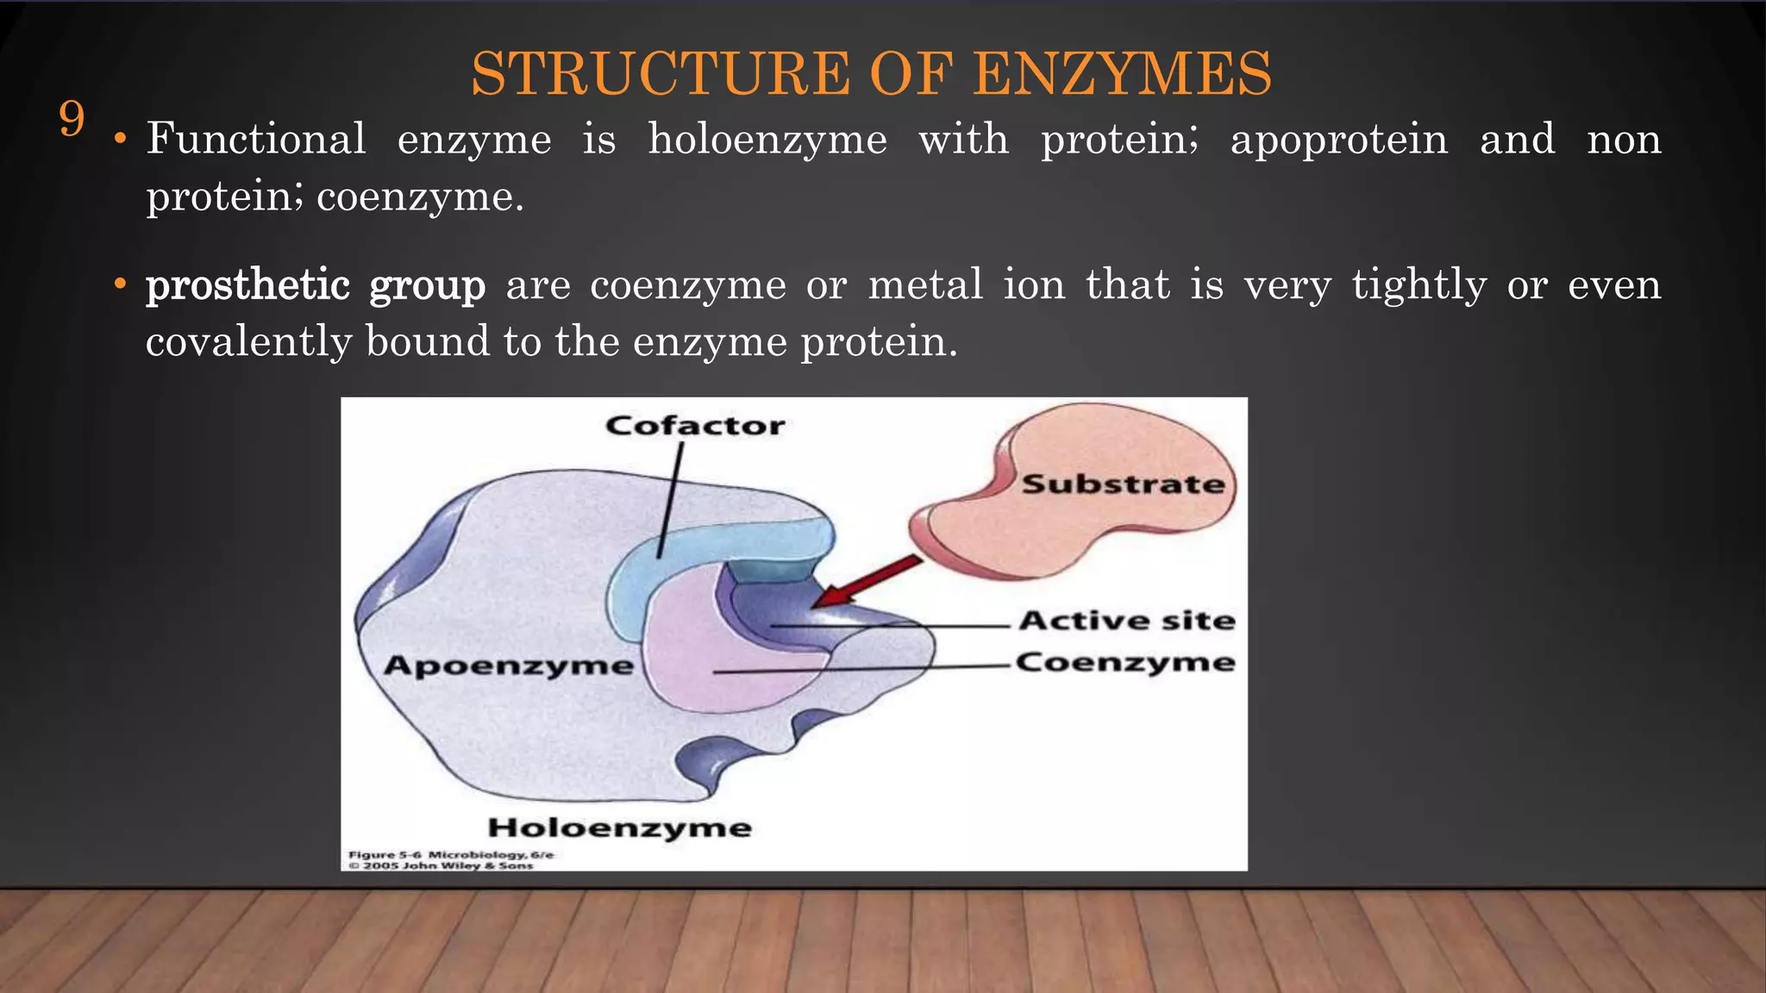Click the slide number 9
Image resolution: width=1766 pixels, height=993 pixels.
pos(72,119)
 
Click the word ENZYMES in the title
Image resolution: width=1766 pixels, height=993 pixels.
pos(1122,74)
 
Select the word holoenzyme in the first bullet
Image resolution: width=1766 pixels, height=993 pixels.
pos(767,140)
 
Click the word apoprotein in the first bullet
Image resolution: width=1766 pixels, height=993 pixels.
pos(1339,140)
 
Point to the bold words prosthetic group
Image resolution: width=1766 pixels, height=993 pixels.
pos(316,285)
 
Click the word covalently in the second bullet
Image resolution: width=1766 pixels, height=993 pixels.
pos(248,342)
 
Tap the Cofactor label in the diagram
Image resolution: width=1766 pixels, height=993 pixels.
pos(695,426)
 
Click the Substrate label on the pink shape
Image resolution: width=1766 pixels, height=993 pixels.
pos(1123,484)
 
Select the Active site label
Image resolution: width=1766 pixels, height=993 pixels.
pos(1127,621)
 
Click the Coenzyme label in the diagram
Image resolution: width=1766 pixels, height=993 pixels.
pos(1125,662)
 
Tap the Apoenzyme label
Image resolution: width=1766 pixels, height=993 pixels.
pos(509,665)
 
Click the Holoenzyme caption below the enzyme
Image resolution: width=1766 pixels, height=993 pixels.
pos(619,827)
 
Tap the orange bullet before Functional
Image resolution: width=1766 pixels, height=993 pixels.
pos(121,140)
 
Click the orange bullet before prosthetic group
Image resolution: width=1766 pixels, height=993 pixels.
pos(121,284)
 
